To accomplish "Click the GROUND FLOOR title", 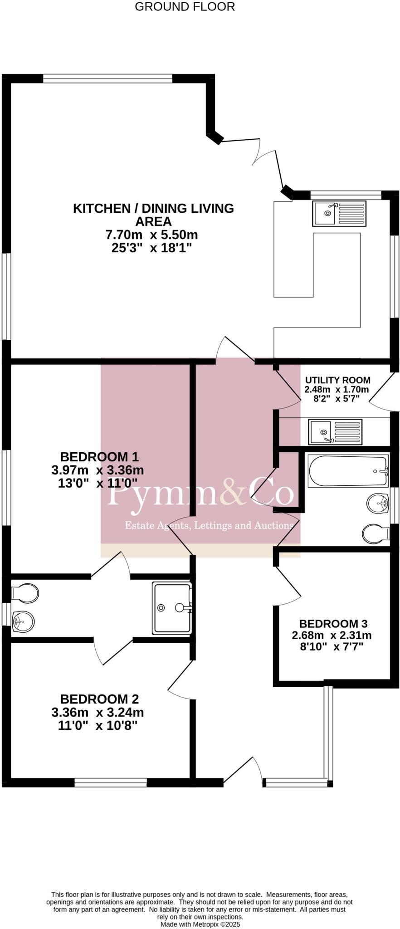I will pyautogui.click(x=185, y=7).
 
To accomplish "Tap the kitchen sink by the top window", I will pyautogui.click(x=339, y=214).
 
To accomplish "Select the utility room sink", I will pyautogui.click(x=336, y=431).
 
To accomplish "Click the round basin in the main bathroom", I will pyautogui.click(x=378, y=503).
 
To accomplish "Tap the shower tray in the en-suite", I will pyautogui.click(x=172, y=608).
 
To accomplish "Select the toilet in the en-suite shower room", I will pyautogui.click(x=25, y=592).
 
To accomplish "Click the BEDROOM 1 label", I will pyautogui.click(x=99, y=457).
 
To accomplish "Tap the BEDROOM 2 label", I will pyautogui.click(x=99, y=699).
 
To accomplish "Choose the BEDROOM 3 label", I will pyautogui.click(x=333, y=624).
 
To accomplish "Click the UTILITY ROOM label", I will pyautogui.click(x=337, y=380).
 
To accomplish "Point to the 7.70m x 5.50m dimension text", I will pyautogui.click(x=151, y=235).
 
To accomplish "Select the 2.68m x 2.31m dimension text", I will pyautogui.click(x=332, y=635).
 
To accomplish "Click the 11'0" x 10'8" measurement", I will pyautogui.click(x=98, y=725).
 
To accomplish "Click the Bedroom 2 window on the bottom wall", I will pyautogui.click(x=111, y=782).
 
